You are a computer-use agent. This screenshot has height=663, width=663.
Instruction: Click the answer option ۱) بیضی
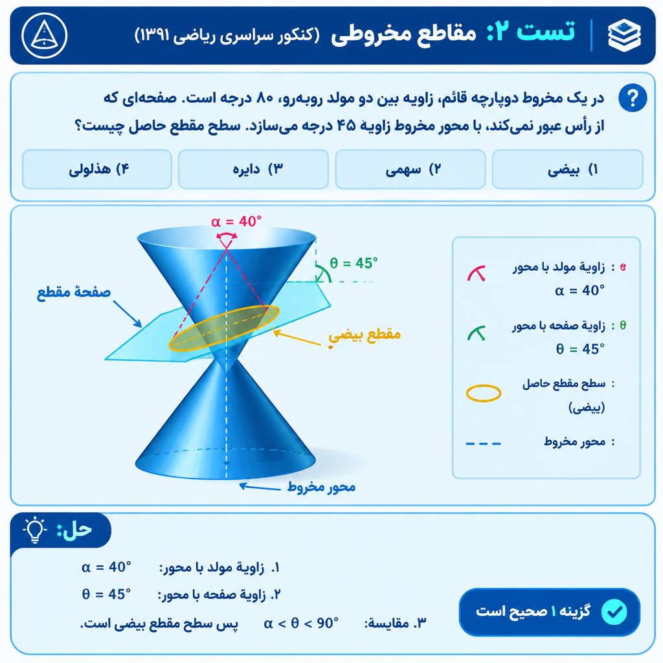[x=567, y=169]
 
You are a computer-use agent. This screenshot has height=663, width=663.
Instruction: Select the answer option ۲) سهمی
[x=410, y=169]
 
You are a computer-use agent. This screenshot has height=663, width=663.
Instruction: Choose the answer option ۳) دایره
[x=253, y=169]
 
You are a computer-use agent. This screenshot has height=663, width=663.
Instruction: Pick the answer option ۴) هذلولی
[x=97, y=169]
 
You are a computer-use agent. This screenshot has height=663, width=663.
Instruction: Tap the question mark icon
[x=633, y=98]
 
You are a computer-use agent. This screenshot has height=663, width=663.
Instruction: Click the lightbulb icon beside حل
[x=35, y=530]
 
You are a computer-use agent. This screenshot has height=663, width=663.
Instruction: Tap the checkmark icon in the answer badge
[x=614, y=611]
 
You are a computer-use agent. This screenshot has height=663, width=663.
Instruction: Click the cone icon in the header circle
[x=45, y=35]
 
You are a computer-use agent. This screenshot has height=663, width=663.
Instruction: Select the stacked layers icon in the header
[x=624, y=36]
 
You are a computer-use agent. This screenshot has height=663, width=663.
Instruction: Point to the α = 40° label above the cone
[x=236, y=221]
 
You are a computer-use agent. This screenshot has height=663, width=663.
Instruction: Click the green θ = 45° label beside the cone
[x=354, y=263]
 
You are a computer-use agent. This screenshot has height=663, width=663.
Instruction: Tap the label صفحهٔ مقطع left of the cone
[x=74, y=292]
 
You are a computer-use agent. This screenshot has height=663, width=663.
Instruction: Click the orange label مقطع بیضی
[x=364, y=335]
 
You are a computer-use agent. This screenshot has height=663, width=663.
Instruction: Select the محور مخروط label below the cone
[x=321, y=487]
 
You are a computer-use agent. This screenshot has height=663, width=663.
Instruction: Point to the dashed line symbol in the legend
[x=483, y=444]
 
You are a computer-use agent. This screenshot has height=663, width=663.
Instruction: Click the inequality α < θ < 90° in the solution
[x=301, y=623]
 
